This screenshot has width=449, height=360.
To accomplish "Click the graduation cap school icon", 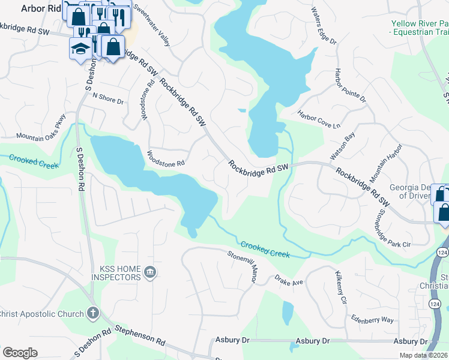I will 79,47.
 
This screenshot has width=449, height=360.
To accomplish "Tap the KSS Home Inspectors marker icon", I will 150,273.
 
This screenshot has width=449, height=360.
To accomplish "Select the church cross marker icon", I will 92,313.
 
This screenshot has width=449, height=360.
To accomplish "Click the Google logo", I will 20,353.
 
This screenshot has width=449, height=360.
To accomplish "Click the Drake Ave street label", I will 291,281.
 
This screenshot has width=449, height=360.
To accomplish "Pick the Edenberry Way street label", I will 373,320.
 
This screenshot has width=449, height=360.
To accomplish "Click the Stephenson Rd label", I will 139,335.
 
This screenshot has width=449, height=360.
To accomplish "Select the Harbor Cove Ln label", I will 319,120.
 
